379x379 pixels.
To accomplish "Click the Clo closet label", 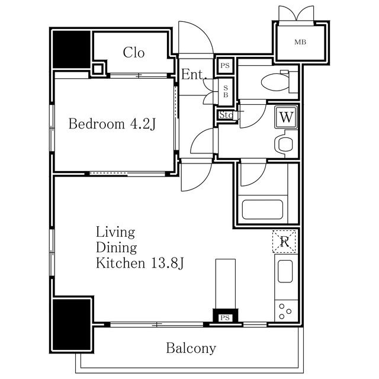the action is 134,53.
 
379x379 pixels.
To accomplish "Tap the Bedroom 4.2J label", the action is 112,124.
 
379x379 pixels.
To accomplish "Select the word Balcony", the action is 191,348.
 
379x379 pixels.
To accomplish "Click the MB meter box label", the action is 300,42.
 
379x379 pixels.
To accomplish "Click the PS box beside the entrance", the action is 225,66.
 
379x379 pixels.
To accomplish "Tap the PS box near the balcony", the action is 225,317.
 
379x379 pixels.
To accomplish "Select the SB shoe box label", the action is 226,92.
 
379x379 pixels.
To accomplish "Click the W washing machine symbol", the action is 286,117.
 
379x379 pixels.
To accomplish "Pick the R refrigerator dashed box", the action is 284,242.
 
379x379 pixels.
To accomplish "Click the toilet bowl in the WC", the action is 275,82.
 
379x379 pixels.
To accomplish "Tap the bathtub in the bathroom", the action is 262,210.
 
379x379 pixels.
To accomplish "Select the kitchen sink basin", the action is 285,271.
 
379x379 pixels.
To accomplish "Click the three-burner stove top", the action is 286,311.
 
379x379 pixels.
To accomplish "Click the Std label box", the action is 226,115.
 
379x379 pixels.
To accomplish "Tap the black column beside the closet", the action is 72,49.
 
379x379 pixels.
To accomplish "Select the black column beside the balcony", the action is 72,325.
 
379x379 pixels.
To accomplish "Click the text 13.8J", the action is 168,263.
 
